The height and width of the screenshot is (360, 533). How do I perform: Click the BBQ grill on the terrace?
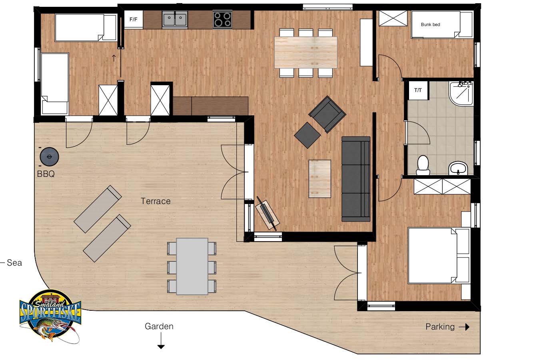point(49,157)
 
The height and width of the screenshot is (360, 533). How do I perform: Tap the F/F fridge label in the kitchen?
point(134,20)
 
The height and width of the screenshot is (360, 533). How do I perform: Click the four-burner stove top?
point(222,19)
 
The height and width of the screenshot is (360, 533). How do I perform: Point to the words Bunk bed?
point(431,24)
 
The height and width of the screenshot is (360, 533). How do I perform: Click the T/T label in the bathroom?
point(418,90)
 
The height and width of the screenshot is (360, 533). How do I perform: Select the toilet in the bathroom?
point(423,165)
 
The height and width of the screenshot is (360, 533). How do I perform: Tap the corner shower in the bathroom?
point(461,93)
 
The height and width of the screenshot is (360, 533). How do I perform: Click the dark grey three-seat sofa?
point(356,179)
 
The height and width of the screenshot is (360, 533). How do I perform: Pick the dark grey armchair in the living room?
point(327,114)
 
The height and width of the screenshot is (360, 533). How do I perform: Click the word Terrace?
point(156,201)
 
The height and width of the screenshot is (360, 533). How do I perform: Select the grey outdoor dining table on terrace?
point(192,266)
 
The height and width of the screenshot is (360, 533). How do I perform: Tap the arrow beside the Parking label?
point(464,327)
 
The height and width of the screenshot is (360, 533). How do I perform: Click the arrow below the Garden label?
point(161,340)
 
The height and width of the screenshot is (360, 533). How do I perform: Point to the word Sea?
point(14,263)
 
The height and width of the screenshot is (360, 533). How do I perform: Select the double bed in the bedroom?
point(439,256)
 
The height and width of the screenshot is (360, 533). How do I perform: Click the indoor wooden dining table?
point(306,52)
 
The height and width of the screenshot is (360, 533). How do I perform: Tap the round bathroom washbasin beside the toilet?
point(457,168)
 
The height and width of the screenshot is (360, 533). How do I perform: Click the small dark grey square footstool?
point(307,135)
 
